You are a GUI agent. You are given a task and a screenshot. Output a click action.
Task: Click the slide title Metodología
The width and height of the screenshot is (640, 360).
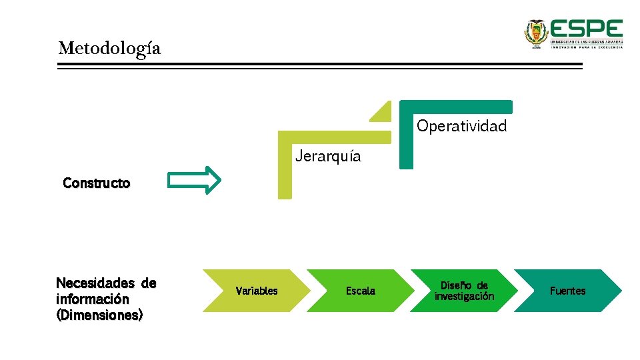tap(109, 49)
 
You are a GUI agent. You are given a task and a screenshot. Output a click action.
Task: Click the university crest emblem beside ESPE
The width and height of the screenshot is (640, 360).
tap(535, 33)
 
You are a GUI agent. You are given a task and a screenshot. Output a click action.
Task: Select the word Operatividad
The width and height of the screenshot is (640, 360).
tap(461, 126)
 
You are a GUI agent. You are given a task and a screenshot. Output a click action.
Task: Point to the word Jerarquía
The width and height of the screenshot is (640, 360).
tap(328, 157)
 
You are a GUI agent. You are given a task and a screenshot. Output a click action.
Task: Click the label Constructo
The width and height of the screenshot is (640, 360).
tap(96, 183)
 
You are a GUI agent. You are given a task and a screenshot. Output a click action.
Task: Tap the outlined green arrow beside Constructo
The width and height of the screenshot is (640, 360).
tap(194, 180)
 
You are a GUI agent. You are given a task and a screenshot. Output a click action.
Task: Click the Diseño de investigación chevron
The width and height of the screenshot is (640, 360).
tap(464, 291)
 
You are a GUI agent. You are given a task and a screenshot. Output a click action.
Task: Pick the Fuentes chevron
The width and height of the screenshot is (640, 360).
tap(567, 291)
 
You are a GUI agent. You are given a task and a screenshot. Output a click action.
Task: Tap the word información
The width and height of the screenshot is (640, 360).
tap(93, 299)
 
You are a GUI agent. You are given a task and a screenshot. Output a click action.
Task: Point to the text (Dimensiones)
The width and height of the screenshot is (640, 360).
tap(99, 315)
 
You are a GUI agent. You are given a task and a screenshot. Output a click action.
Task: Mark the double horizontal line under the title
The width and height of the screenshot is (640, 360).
tap(319, 66)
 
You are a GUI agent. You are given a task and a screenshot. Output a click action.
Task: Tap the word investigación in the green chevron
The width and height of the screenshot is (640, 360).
tap(464, 297)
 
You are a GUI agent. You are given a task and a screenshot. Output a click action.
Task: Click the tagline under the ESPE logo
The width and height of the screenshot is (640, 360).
tap(586, 47)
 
